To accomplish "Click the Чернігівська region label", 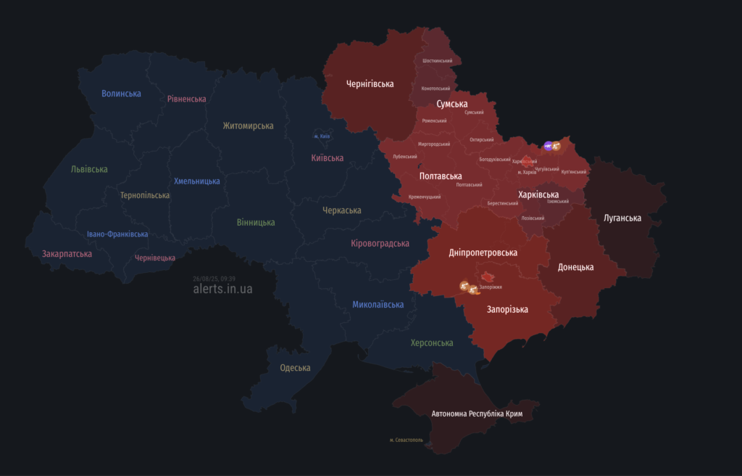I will (370, 83).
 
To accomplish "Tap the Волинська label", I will (121, 94).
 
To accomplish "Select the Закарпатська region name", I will (67, 254).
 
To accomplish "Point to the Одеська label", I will (295, 368).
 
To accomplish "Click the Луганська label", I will (622, 218).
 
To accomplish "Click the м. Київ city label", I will (321, 136).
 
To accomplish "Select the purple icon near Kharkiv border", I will (548, 146).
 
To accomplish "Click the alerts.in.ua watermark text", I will (223, 289).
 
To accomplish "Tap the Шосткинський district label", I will (437, 61).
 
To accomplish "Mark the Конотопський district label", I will (435, 89).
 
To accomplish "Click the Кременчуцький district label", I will (425, 197).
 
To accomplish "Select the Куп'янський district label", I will (574, 172).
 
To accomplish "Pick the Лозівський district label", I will (533, 218).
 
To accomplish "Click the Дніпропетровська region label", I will (483, 253).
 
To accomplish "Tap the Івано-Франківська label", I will (117, 234).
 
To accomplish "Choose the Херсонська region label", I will (432, 342).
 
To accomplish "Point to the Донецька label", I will (575, 267).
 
